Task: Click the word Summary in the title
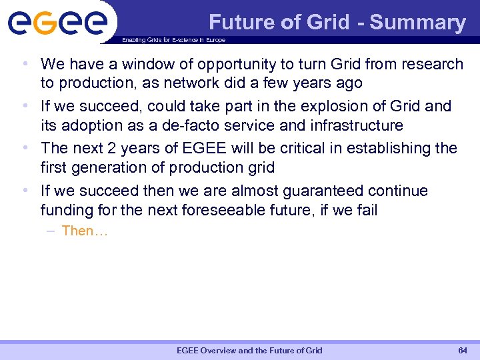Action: pos(417,23)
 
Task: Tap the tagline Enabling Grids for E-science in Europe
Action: pos(173,40)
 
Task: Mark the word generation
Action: pos(104,167)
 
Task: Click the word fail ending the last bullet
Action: pos(365,210)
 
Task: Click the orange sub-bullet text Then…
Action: pos(85,231)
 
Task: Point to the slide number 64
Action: pos(463,350)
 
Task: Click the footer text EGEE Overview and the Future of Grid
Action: pos(249,350)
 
